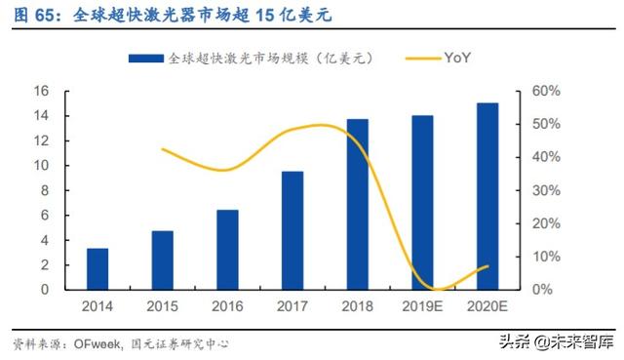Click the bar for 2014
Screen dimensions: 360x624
97,268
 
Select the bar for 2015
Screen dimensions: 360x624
163,260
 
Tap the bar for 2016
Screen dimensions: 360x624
227,249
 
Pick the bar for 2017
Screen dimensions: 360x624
292,230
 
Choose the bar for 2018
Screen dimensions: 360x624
358,204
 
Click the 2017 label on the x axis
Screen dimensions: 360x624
292,304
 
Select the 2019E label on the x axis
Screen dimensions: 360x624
422,304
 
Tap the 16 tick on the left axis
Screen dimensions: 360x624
41,91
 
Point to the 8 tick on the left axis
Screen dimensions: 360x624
44,190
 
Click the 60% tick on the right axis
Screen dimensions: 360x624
546,91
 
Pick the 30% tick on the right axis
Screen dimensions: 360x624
546,190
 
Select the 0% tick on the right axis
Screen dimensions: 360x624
542,290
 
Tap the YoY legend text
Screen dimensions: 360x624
459,59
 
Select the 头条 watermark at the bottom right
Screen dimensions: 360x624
518,340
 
